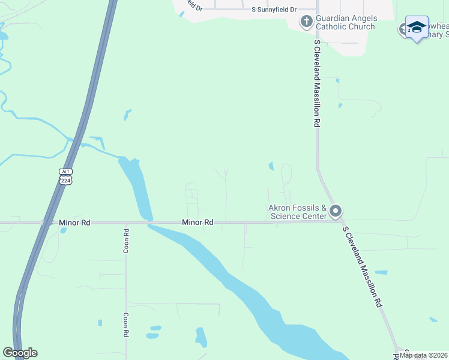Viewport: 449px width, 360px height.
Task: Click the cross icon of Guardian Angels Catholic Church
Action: (x=306, y=22)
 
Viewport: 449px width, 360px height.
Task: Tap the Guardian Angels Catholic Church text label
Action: (x=345, y=23)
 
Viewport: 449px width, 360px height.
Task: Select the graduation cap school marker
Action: (x=416, y=28)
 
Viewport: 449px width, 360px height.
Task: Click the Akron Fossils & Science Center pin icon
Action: (x=336, y=212)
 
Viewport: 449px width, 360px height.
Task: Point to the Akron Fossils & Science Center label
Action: (x=297, y=212)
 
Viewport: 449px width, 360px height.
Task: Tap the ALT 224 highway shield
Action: (x=66, y=176)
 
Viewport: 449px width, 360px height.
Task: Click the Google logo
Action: (x=20, y=353)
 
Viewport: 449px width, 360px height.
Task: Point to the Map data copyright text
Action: (x=423, y=355)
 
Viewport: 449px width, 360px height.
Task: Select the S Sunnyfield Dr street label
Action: (x=274, y=10)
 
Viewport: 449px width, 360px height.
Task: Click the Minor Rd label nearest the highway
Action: (x=74, y=223)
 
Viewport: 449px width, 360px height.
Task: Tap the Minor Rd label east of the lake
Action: (x=198, y=223)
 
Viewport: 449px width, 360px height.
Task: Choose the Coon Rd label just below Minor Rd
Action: (x=126, y=241)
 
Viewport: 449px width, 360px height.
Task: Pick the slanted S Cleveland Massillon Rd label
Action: (x=362, y=267)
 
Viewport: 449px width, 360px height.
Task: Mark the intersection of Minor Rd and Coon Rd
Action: (x=126, y=223)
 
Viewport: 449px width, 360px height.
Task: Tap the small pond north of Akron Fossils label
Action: (x=271, y=166)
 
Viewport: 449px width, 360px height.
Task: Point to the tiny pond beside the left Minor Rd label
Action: (x=63, y=230)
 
